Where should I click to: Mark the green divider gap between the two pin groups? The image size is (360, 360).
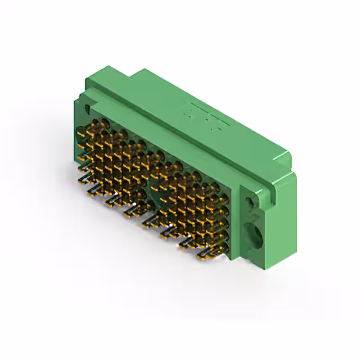148,186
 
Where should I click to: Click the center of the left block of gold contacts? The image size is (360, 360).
112,163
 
